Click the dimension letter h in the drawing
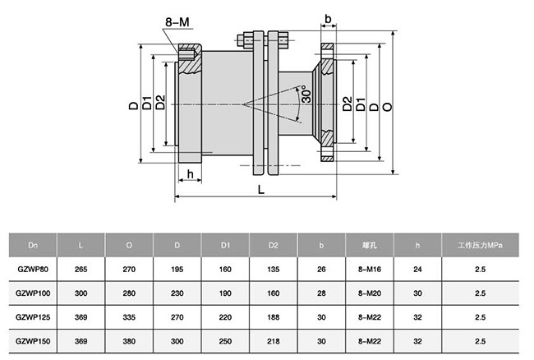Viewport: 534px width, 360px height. tap(190, 173)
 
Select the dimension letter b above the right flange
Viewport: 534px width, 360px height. tap(328, 18)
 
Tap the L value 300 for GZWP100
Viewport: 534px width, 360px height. tap(80, 292)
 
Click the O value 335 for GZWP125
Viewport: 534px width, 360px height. tap(129, 316)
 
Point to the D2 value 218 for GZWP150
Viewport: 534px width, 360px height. tap(274, 339)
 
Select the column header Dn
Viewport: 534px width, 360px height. tap(32, 245)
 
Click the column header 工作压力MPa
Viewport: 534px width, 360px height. tap(480, 245)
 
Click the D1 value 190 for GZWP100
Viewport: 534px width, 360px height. tap(225, 292)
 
